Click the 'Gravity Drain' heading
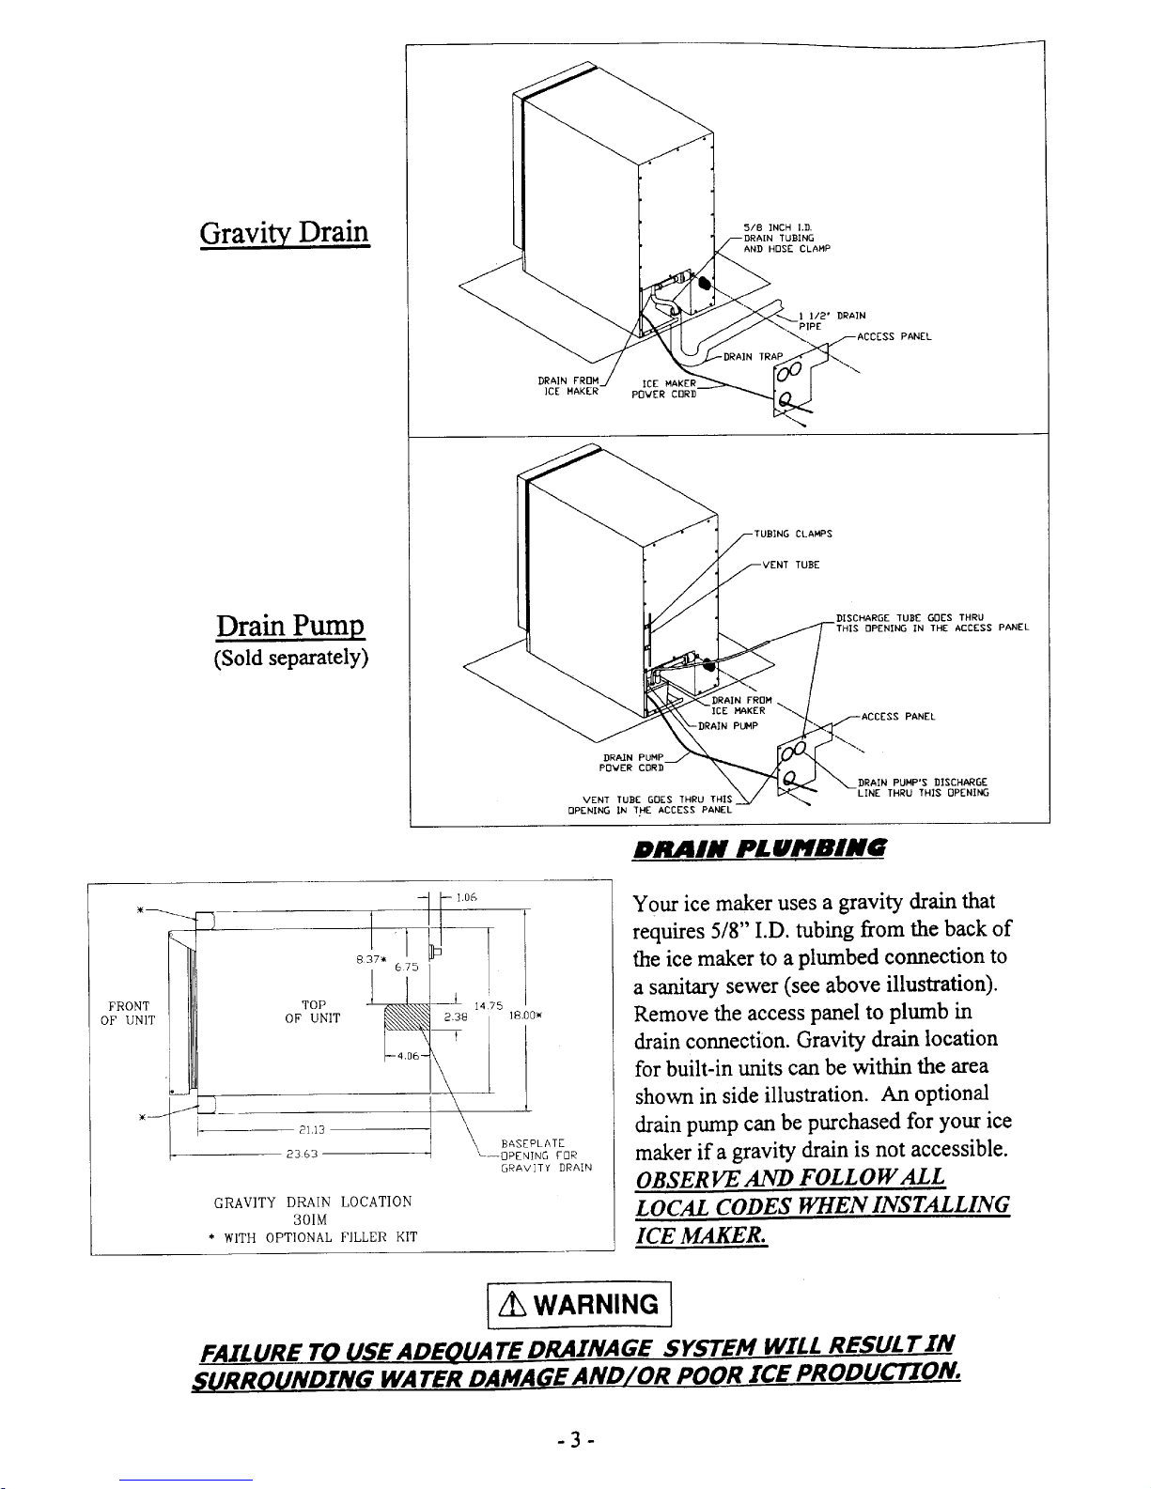coord(283,231)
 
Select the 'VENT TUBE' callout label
coord(790,566)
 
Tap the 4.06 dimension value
coord(407,1055)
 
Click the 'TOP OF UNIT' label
coord(315,1010)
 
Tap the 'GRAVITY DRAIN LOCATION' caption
coord(313,1202)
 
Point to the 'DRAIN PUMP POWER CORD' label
coord(630,761)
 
